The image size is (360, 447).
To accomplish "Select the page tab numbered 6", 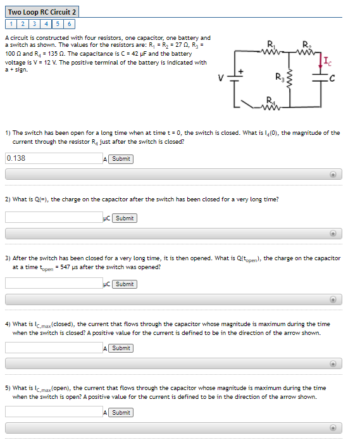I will click(70, 24).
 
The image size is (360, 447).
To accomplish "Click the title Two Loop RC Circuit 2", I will click(42, 12).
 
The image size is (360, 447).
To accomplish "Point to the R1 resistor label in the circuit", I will click(271, 44).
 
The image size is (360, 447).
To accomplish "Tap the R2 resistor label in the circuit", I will click(307, 44).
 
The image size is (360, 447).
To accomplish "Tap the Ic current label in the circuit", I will click(326, 61).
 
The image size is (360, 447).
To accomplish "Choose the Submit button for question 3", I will click(125, 284).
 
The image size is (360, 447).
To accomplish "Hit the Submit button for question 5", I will click(121, 412).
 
